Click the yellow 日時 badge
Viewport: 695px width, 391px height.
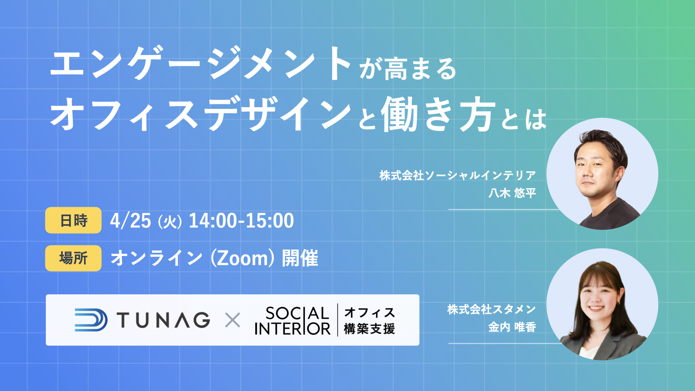tap(73, 220)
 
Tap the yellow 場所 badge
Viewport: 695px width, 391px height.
tap(73, 258)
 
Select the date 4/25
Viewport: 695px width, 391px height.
tap(130, 220)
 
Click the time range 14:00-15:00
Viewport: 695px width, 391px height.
tap(241, 220)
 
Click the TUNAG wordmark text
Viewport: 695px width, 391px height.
tap(163, 320)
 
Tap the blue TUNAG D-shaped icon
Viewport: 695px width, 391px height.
tap(91, 320)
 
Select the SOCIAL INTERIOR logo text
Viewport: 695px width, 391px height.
tap(292, 320)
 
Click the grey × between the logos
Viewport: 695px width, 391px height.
tap(232, 320)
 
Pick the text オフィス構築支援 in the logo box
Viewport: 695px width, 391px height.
tap(369, 320)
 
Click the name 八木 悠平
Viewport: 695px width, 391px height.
tap(512, 193)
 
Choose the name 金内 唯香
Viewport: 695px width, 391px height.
tap(512, 327)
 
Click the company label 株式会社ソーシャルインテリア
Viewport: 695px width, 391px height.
tap(458, 175)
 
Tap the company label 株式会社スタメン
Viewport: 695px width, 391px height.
tap(492, 309)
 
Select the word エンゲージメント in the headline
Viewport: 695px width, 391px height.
tap(201, 63)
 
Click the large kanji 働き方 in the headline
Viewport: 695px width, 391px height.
tap(438, 114)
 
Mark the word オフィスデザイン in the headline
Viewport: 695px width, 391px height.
tap(201, 114)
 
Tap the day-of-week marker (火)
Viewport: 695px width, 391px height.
tap(170, 222)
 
